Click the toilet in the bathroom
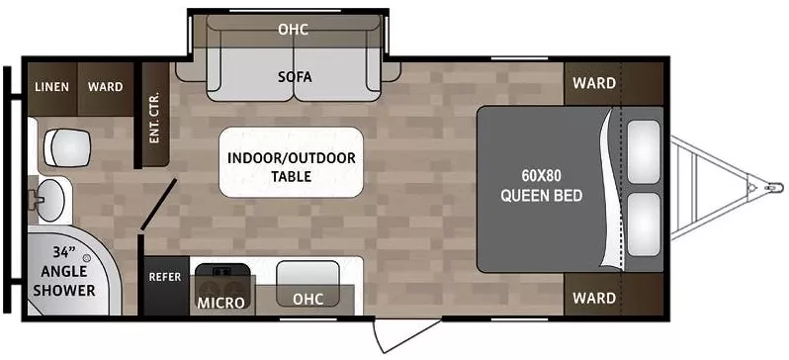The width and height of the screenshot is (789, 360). click(67, 147)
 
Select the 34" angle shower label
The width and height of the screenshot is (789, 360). click(68, 271)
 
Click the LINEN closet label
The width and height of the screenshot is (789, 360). click(51, 87)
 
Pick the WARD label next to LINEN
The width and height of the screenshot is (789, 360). click(105, 87)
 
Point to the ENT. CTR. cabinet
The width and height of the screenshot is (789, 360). click(155, 116)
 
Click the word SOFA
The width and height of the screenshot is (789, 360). click(295, 77)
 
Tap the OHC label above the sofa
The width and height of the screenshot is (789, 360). click(294, 30)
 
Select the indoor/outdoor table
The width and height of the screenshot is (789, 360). click(292, 162)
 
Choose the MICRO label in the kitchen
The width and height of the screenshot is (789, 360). click(220, 303)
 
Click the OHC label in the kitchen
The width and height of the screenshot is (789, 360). click(307, 299)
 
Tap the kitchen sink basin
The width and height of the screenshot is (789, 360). click(307, 276)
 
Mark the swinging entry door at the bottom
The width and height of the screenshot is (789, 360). click(407, 334)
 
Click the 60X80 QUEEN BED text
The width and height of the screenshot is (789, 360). click(542, 185)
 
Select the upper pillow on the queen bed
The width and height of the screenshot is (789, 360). click(644, 145)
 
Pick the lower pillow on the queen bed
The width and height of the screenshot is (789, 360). click(644, 225)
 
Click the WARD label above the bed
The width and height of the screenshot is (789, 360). click(594, 83)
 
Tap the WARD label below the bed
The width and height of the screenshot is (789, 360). click(594, 298)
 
